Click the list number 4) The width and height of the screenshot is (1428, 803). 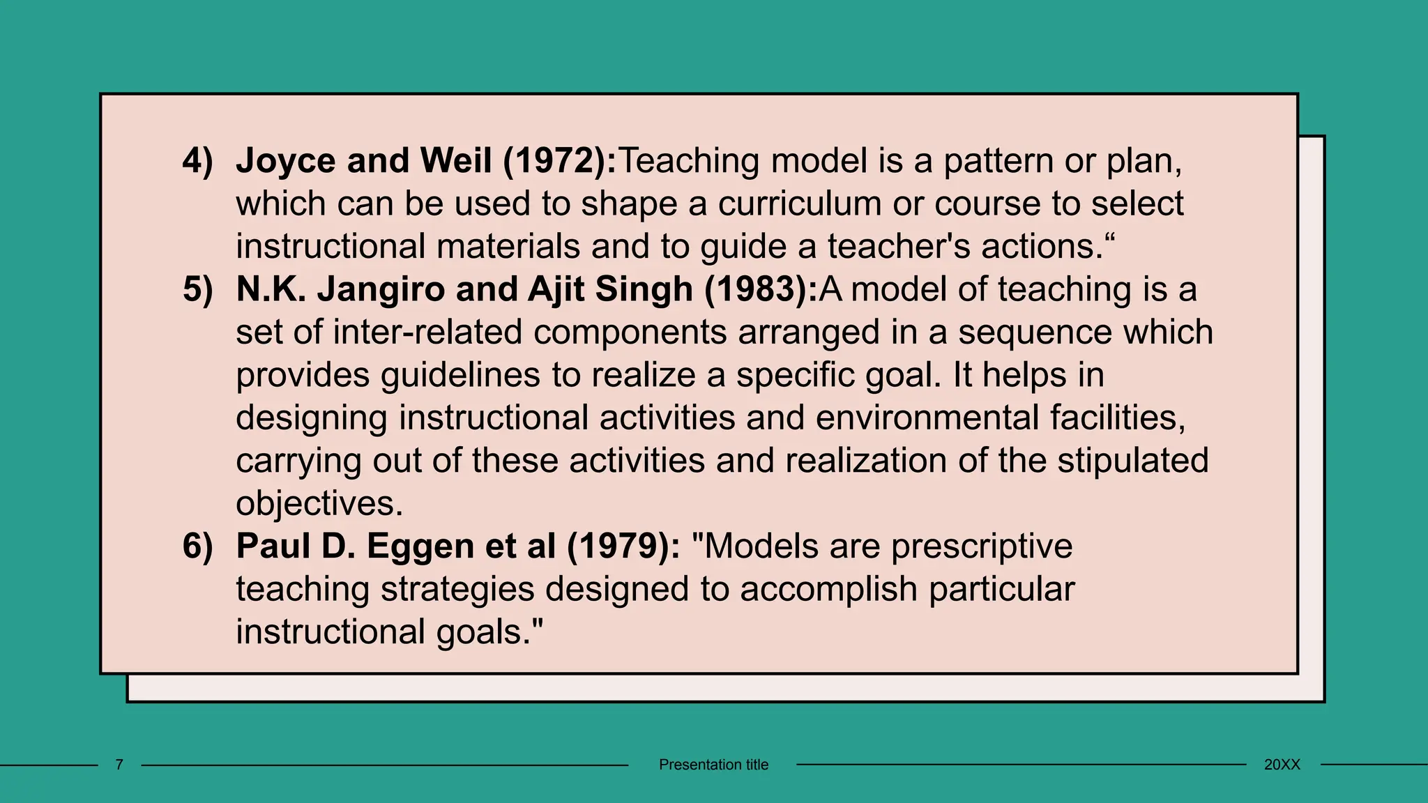click(x=197, y=161)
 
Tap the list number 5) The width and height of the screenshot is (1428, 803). click(x=197, y=289)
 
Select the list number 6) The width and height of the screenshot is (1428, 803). click(x=197, y=546)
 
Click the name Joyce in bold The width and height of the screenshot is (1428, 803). click(x=286, y=161)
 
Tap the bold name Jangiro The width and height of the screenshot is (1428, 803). click(x=381, y=289)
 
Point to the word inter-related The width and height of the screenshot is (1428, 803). click(x=427, y=332)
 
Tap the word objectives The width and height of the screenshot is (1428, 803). click(x=319, y=504)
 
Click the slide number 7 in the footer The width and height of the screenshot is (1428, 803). click(x=119, y=765)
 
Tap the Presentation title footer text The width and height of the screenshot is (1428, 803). click(x=713, y=765)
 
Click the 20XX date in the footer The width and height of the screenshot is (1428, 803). click(x=1282, y=765)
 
